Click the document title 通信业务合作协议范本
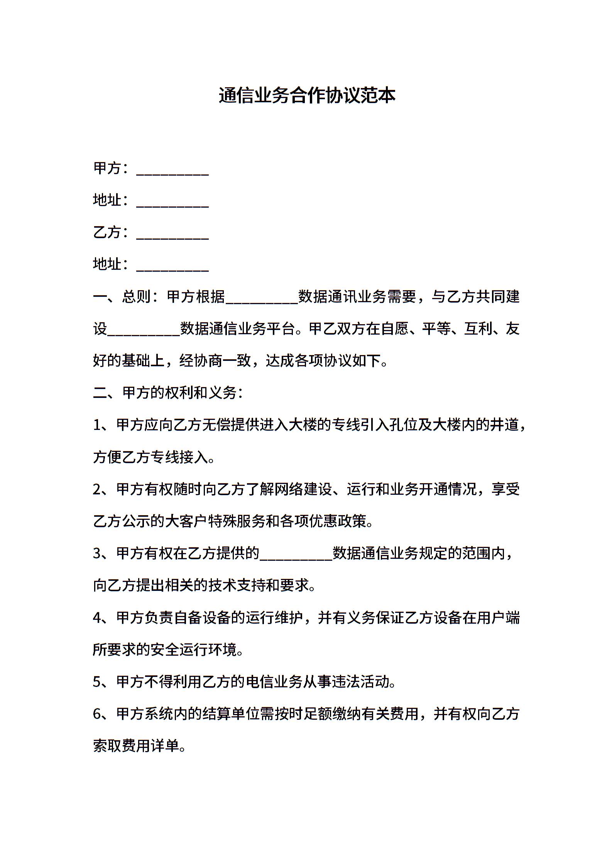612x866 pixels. point(307,96)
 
